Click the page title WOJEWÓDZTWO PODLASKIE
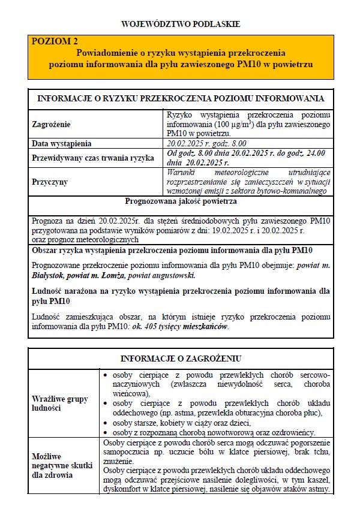point(180,25)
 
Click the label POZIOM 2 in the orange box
point(55,41)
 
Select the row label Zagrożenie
point(51,124)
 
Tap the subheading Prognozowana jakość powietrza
point(180,202)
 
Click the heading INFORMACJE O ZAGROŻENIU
point(180,358)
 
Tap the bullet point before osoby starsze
point(106,423)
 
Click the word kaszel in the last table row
point(319,481)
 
